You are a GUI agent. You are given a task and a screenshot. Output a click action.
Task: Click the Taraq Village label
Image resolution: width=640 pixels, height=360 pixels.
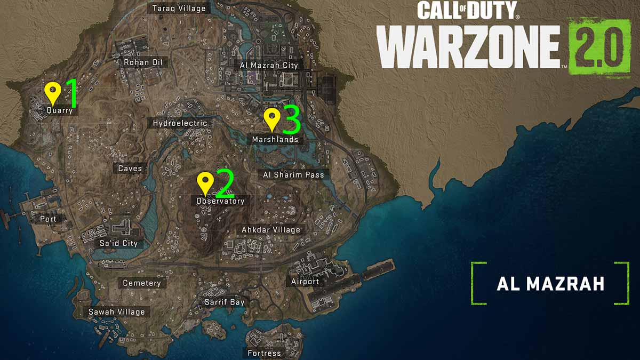pyautogui.click(x=179, y=9)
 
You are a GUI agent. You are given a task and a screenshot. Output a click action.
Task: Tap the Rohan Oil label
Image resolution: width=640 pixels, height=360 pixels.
pyautogui.click(x=143, y=62)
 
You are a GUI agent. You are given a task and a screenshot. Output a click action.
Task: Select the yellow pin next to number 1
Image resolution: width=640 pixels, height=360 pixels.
pyautogui.click(x=52, y=93)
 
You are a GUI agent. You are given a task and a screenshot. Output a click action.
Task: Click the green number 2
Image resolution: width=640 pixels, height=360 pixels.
pyautogui.click(x=224, y=183)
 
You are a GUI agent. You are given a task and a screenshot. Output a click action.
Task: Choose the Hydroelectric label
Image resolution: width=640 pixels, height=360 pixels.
pyautogui.click(x=180, y=123)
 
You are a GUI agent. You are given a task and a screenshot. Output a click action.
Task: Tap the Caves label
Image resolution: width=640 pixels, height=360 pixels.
pyautogui.click(x=130, y=169)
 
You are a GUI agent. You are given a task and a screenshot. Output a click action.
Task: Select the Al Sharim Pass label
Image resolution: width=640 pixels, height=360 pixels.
pyautogui.click(x=294, y=174)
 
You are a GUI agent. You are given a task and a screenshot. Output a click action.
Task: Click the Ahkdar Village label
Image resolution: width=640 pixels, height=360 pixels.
pyautogui.click(x=271, y=230)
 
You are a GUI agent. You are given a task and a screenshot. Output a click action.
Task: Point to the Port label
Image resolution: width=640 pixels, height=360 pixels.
pyautogui.click(x=48, y=219)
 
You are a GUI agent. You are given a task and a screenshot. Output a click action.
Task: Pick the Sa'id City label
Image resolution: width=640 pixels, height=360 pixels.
pyautogui.click(x=118, y=243)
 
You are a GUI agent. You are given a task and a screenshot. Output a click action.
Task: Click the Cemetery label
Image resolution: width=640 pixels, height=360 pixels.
pyautogui.click(x=142, y=283)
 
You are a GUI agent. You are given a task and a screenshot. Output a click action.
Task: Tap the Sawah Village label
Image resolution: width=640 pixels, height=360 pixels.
pyautogui.click(x=117, y=312)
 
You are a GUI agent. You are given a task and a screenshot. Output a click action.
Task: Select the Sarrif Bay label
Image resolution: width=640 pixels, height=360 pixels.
pyautogui.click(x=225, y=302)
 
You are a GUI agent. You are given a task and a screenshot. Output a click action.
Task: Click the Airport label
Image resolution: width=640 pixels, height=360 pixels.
pyautogui.click(x=305, y=282)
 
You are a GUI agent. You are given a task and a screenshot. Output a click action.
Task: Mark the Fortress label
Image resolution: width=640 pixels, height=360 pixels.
pyautogui.click(x=265, y=353)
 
